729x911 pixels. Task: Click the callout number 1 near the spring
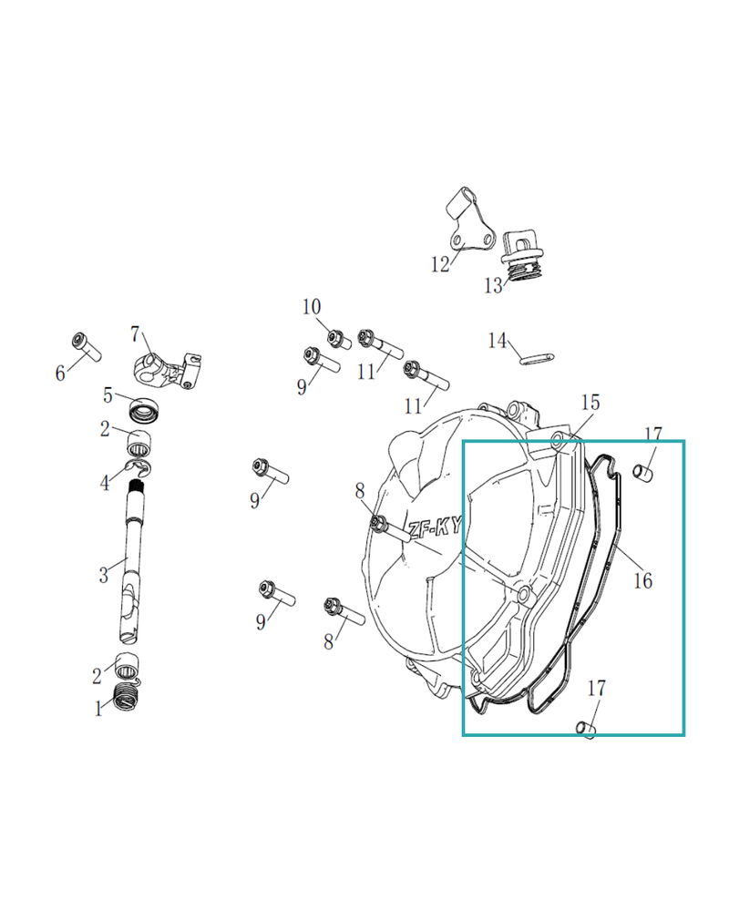tap(99, 709)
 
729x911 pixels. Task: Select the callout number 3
tap(104, 575)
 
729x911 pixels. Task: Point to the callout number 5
tap(108, 395)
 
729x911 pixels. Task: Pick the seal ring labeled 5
tap(144, 410)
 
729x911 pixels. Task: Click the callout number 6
tap(60, 373)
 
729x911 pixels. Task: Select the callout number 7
tap(135, 333)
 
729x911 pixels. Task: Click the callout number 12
tap(441, 264)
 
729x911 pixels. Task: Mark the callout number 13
tap(493, 286)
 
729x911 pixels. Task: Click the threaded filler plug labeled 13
tap(523, 257)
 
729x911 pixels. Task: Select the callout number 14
tap(497, 341)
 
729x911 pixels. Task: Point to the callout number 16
tap(642, 580)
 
